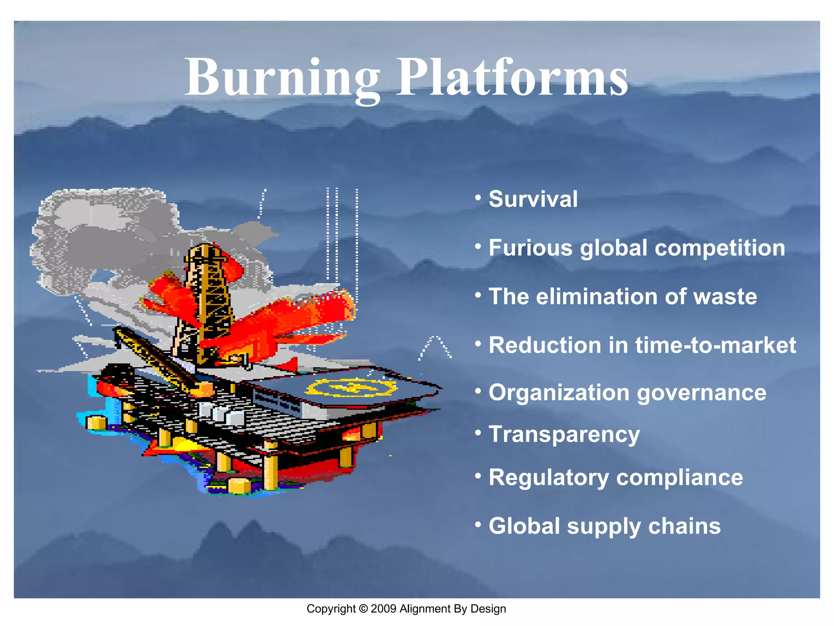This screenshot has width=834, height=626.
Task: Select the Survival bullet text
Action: click(x=533, y=199)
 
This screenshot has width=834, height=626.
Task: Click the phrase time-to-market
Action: click(x=715, y=345)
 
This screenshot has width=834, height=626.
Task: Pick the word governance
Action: click(x=701, y=393)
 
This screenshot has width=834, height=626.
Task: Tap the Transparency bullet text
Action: click(x=564, y=435)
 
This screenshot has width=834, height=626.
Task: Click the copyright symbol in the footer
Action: click(x=363, y=609)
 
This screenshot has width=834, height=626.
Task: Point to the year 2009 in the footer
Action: click(x=383, y=609)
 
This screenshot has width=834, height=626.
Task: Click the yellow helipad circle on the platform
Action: click(x=351, y=387)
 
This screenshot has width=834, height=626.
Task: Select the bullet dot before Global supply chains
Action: click(x=478, y=524)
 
